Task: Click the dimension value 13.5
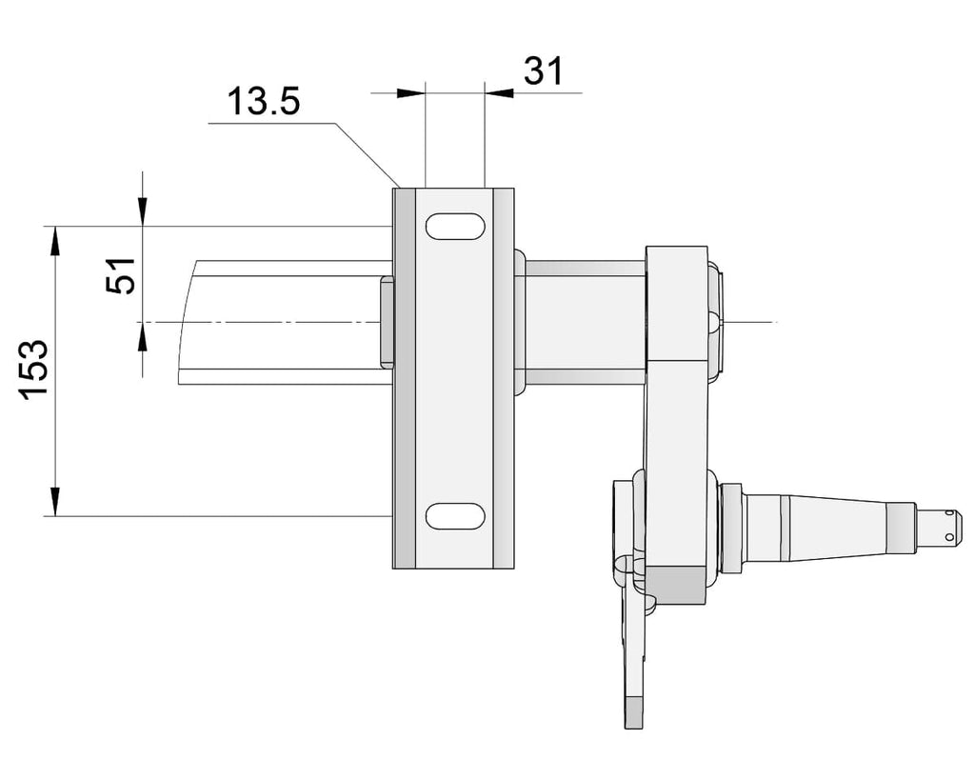pos(264,101)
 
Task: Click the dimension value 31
pos(544,70)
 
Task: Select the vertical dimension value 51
pos(121,275)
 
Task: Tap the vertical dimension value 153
pos(33,370)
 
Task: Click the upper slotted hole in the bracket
pos(455,226)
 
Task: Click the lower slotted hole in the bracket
pos(455,515)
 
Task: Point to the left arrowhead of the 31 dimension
pos(410,93)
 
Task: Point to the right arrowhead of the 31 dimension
pos(499,93)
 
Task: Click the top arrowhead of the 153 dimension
pos(55,241)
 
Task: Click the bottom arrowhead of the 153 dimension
pos(55,501)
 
